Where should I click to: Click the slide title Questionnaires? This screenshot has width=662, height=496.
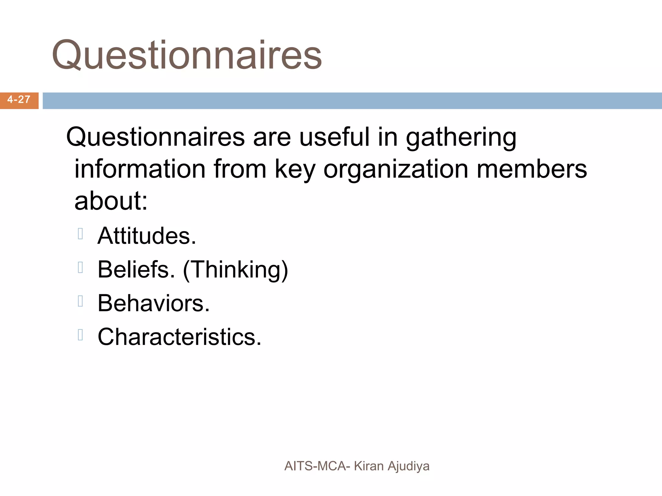pyautogui.click(x=187, y=55)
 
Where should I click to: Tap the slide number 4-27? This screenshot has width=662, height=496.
pyautogui.click(x=19, y=100)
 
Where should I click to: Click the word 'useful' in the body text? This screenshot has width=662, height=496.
pyautogui.click(x=334, y=137)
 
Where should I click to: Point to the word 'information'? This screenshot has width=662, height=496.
pyautogui.click(x=140, y=169)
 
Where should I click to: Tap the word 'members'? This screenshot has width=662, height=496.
pyautogui.click(x=532, y=169)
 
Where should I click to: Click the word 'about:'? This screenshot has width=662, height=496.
pyautogui.click(x=111, y=201)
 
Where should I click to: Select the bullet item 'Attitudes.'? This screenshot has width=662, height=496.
pyautogui.click(x=147, y=236)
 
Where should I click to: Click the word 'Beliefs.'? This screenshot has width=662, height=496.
pyautogui.click(x=136, y=269)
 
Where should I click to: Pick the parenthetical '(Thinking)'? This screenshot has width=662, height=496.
pyautogui.click(x=235, y=270)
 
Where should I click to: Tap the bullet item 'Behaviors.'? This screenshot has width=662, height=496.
pyautogui.click(x=154, y=304)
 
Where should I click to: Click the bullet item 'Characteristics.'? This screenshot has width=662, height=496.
pyautogui.click(x=179, y=337)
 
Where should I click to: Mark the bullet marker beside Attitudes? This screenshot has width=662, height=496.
pyautogui.click(x=80, y=234)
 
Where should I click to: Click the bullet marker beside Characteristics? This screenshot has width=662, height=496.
pyautogui.click(x=80, y=335)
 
